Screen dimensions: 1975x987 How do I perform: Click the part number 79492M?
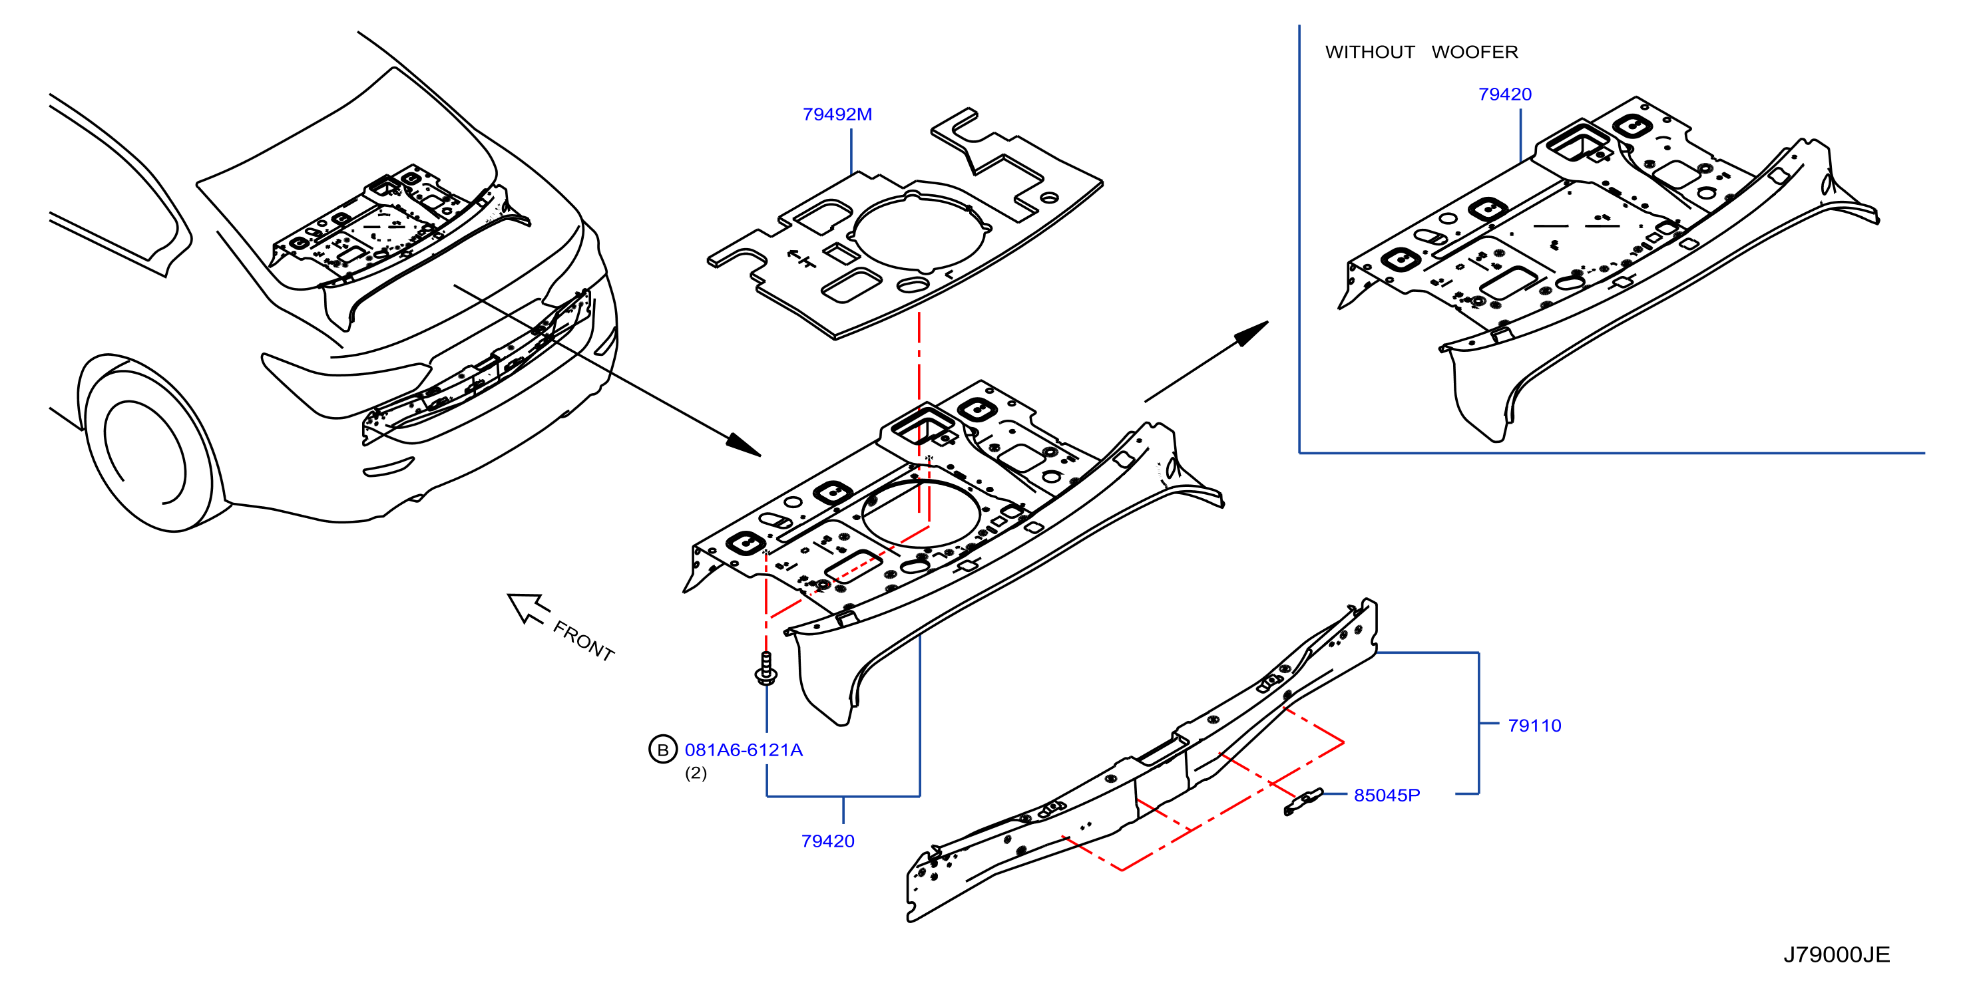pyautogui.click(x=837, y=114)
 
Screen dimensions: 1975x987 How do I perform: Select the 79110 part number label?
pyautogui.click(x=1534, y=726)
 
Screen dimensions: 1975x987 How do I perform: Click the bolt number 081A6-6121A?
pyautogui.click(x=744, y=750)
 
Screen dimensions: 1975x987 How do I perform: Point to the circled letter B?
pyautogui.click(x=663, y=750)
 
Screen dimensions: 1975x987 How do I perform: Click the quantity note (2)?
pyautogui.click(x=696, y=774)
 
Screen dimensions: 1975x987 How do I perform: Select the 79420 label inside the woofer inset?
pyautogui.click(x=1505, y=94)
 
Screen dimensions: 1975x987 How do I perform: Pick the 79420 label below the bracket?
pyautogui.click(x=828, y=841)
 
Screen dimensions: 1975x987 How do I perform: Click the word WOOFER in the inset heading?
pyautogui.click(x=1474, y=52)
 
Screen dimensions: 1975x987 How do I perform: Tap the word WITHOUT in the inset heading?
pyautogui.click(x=1370, y=52)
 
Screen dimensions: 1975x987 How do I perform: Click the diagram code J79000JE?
pyautogui.click(x=1837, y=955)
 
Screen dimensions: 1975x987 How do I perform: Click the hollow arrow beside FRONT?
pyautogui.click(x=527, y=608)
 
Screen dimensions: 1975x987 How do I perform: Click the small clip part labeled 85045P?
pyautogui.click(x=1303, y=801)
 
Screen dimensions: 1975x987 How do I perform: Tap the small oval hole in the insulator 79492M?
pyautogui.click(x=913, y=285)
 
